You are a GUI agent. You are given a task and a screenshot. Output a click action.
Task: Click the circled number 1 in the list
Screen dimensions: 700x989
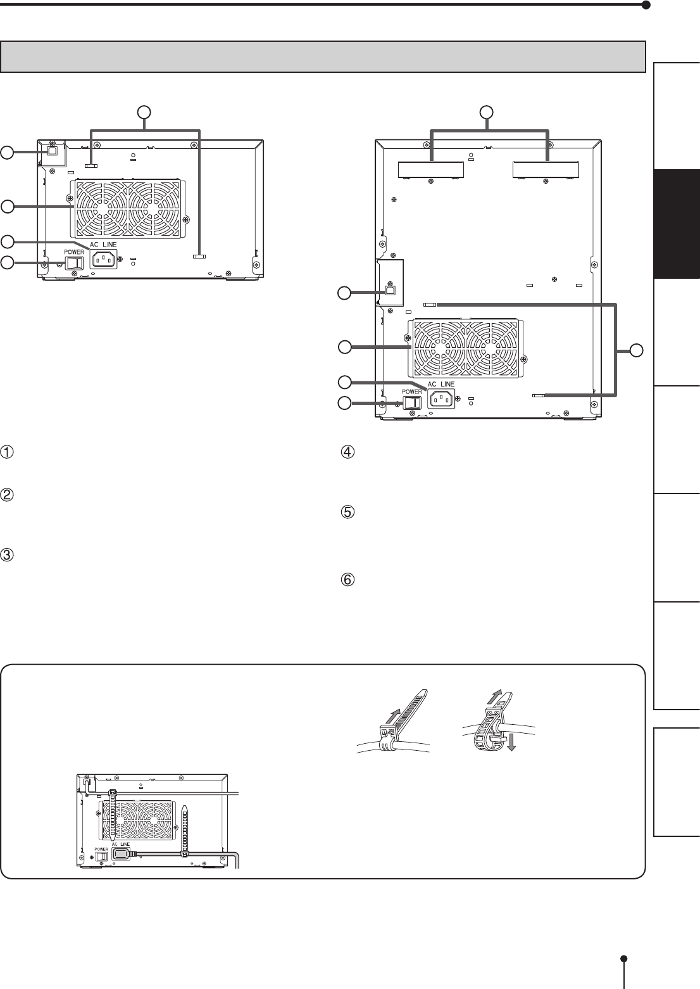click(x=7, y=452)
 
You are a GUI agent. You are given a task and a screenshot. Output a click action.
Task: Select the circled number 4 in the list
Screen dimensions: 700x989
click(x=348, y=452)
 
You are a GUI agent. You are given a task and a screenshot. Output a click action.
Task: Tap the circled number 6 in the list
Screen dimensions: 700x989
click(x=348, y=579)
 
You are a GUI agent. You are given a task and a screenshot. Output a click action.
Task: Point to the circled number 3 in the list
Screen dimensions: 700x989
click(x=7, y=554)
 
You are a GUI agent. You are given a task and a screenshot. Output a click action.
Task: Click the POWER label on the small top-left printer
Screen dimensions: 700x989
click(x=74, y=252)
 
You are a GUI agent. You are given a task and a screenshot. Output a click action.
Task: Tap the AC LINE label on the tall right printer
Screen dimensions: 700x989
click(x=441, y=384)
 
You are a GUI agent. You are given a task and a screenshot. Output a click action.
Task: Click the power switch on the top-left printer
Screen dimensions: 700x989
click(x=74, y=263)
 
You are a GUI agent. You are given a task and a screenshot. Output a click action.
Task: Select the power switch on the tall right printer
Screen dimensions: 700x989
click(x=413, y=402)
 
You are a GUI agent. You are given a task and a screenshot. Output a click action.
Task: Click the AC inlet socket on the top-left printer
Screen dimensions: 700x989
click(x=103, y=258)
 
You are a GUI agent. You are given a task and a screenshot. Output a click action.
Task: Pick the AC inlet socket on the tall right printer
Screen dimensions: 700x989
click(x=442, y=399)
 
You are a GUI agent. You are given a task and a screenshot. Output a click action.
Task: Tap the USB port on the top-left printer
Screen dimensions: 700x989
click(x=52, y=151)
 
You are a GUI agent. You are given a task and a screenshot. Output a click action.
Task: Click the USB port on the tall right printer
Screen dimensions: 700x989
click(x=391, y=291)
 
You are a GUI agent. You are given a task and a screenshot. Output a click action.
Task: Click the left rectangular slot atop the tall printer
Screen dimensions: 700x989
click(x=431, y=170)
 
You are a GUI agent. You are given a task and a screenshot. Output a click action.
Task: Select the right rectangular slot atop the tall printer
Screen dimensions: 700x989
click(x=546, y=170)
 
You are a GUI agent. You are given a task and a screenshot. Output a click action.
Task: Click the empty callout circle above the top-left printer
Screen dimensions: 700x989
click(x=144, y=112)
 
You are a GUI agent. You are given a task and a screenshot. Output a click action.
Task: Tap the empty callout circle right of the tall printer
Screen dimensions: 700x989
click(x=636, y=350)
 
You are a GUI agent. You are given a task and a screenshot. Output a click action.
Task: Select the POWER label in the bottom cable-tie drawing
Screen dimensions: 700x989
click(x=101, y=849)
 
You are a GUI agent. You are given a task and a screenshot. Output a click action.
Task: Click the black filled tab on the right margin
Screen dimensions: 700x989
click(x=677, y=224)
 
